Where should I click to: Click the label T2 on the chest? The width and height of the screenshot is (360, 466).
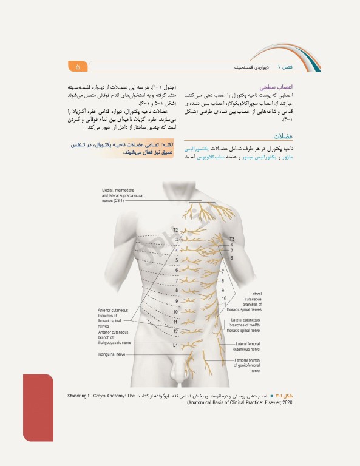pos(175,231)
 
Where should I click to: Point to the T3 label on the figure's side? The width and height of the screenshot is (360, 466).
pos(231,238)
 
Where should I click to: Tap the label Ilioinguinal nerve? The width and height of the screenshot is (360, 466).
pos(112,354)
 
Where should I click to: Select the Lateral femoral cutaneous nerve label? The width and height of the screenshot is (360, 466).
pos(247,346)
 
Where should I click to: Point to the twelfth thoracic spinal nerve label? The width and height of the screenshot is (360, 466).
pos(243,325)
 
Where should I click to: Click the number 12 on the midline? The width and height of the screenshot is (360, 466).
pos(175,331)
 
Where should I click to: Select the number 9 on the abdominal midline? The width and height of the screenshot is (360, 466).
pos(177,301)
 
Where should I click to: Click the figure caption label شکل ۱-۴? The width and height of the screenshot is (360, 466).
pos(285,396)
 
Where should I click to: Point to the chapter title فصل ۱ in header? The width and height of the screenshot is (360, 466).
pos(284,66)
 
